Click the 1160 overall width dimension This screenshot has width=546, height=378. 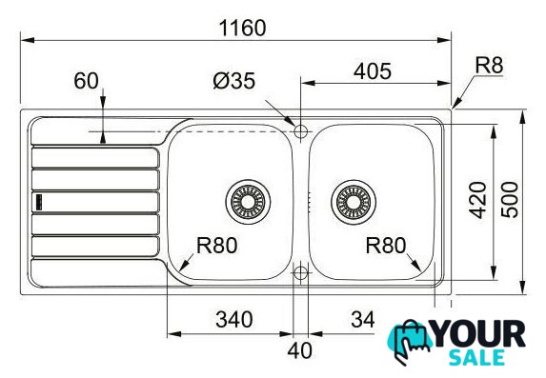pyautogui.click(x=243, y=28)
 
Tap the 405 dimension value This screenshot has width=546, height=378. pyautogui.click(x=373, y=71)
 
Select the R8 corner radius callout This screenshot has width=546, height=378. pyautogui.click(x=490, y=65)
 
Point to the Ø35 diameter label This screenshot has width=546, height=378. pyautogui.click(x=234, y=81)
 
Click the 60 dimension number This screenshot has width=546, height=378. pyautogui.click(x=86, y=81)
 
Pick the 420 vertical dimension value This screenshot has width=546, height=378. pyautogui.click(x=477, y=200)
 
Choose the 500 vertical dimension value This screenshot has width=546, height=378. pyautogui.click(x=510, y=200)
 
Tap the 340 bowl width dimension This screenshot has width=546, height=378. pyautogui.click(x=234, y=320)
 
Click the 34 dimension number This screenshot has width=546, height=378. pyautogui.click(x=363, y=319)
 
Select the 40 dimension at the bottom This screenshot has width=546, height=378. pyautogui.click(x=299, y=350)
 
